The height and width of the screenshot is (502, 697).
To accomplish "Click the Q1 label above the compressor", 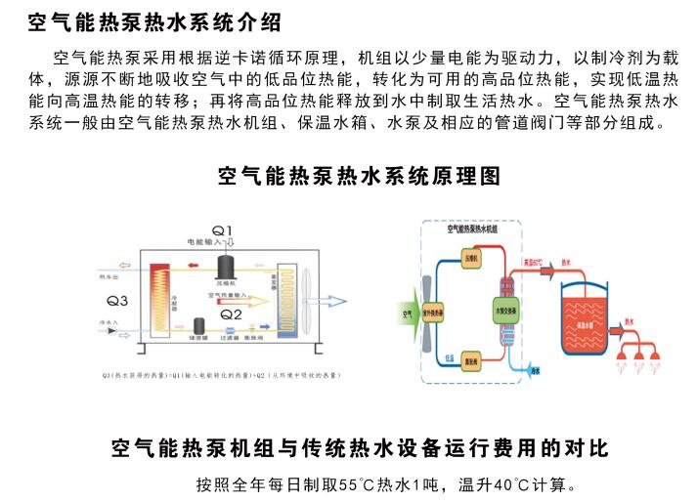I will point(224,230).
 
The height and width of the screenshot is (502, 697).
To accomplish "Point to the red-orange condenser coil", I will point(157,294).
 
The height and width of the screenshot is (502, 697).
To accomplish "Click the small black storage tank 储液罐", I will point(198,324).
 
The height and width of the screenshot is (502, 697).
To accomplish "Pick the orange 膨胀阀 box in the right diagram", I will point(470,361).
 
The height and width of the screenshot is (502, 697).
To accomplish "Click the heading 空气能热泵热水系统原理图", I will point(359,176).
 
